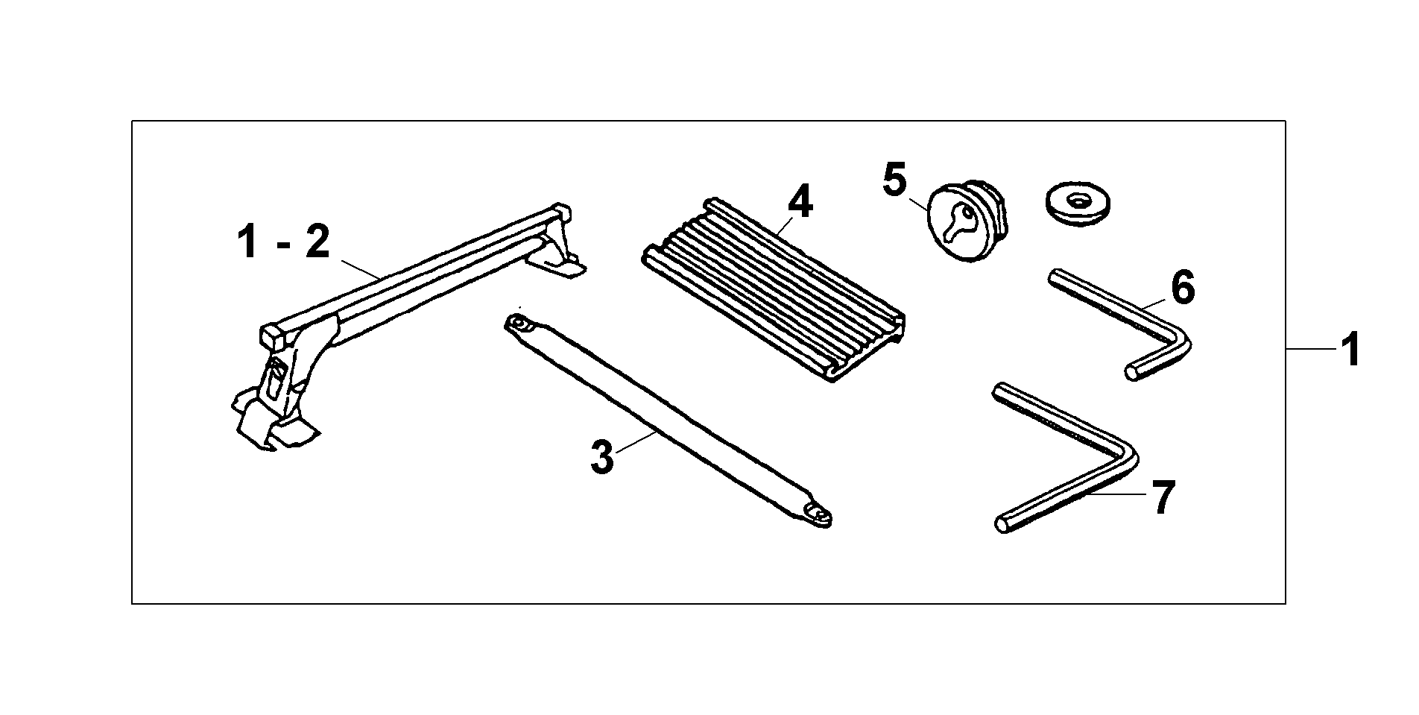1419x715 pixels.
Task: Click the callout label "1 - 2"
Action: [x=283, y=243]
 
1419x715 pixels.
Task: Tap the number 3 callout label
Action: [x=602, y=456]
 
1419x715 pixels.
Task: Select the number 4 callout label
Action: [x=800, y=201]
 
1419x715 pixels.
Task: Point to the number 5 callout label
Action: [x=894, y=180]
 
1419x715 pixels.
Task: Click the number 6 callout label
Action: [x=1183, y=287]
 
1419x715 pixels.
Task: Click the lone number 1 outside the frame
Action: [x=1350, y=350]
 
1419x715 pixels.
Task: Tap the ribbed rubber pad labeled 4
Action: [x=774, y=289]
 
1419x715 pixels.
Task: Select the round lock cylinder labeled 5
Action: [x=967, y=221]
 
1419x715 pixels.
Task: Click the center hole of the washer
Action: [x=1078, y=200]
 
